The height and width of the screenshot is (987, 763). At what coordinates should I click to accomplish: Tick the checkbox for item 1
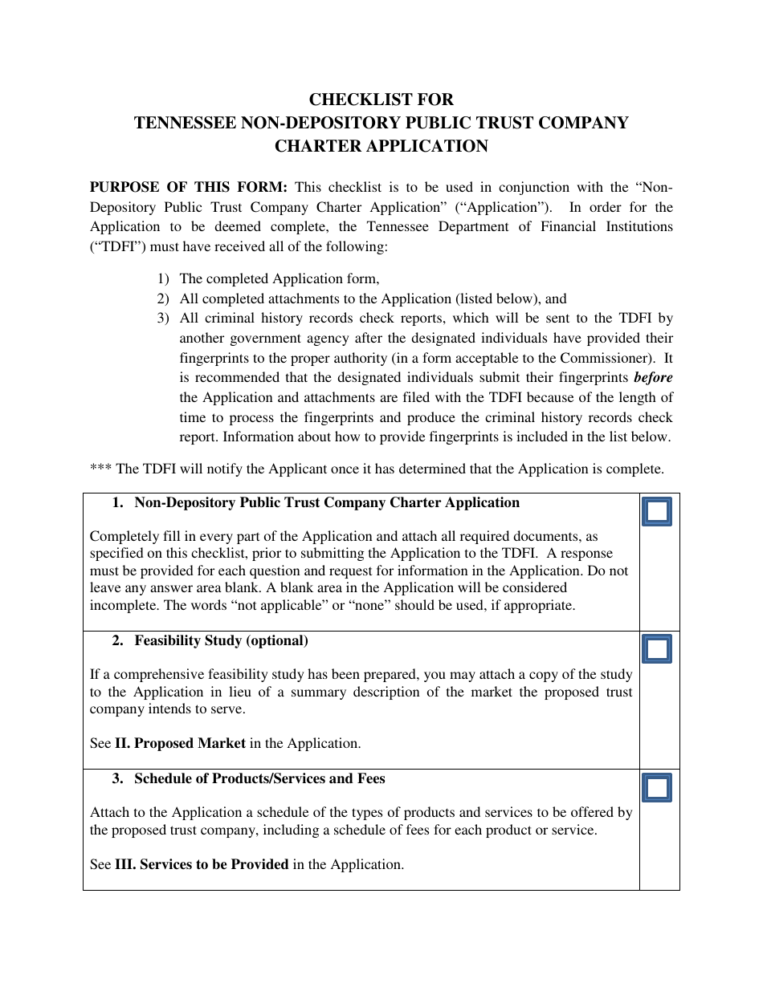click(x=657, y=512)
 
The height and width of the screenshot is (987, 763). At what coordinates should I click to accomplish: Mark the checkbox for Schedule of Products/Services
click(x=657, y=788)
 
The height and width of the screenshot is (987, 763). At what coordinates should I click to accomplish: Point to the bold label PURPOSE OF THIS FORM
click(x=188, y=188)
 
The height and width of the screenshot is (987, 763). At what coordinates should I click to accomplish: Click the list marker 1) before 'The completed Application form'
click(x=163, y=279)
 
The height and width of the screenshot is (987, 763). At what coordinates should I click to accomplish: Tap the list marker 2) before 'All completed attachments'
click(x=163, y=299)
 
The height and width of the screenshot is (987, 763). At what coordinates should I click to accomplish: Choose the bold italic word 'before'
click(x=653, y=378)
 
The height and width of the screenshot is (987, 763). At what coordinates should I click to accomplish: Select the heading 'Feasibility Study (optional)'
click(x=221, y=641)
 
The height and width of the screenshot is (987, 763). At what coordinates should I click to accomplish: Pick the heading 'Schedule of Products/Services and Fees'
click(x=259, y=779)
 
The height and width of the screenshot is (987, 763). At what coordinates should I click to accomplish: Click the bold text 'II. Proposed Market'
click(x=180, y=744)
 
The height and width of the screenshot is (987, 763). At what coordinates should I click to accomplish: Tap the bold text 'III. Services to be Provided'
click(x=202, y=865)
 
